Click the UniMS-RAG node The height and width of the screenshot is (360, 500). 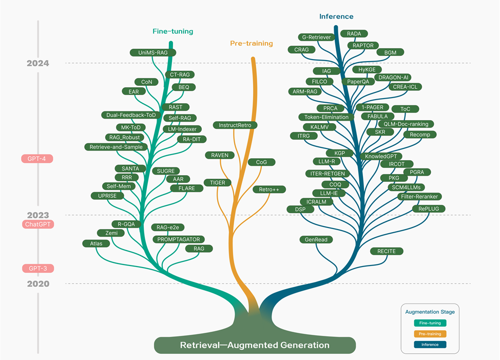pos(153,52)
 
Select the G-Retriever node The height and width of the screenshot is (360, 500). pos(316,37)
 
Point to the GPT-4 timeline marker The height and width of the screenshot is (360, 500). pos(37,159)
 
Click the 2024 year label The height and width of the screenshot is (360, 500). pos(37,64)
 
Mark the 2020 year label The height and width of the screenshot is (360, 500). pos(37,283)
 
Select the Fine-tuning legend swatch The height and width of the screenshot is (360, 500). pos(431,323)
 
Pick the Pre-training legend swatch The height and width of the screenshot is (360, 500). pos(431,334)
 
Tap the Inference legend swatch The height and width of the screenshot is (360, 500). pos(431,345)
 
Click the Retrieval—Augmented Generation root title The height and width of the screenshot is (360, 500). pos(255,345)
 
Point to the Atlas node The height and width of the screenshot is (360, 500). pos(96,243)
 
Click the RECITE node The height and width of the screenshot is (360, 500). pos(387,251)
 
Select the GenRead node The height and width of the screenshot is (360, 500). pos(316,240)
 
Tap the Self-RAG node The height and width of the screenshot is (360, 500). pos(179,118)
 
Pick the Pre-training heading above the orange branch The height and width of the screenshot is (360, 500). pos(251,44)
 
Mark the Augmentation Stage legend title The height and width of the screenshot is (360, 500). pos(430,312)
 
